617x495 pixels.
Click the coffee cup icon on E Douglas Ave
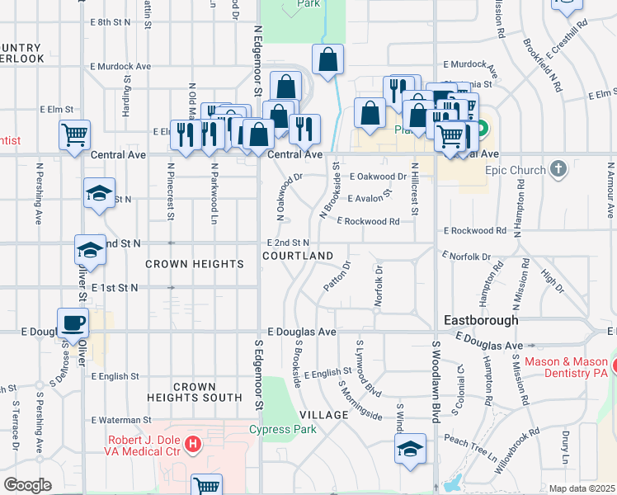pos(73,323)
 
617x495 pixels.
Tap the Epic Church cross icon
pos(558,170)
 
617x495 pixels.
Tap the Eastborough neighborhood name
pos(481,319)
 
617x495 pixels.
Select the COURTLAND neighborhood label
pos(298,256)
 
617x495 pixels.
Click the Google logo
pos(27,485)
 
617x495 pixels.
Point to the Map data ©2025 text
pos(582,488)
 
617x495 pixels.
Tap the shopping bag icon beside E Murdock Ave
pos(327,59)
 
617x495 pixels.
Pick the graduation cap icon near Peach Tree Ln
pos(409,449)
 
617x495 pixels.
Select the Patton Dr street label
pos(338,276)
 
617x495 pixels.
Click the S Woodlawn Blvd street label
pos(431,379)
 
